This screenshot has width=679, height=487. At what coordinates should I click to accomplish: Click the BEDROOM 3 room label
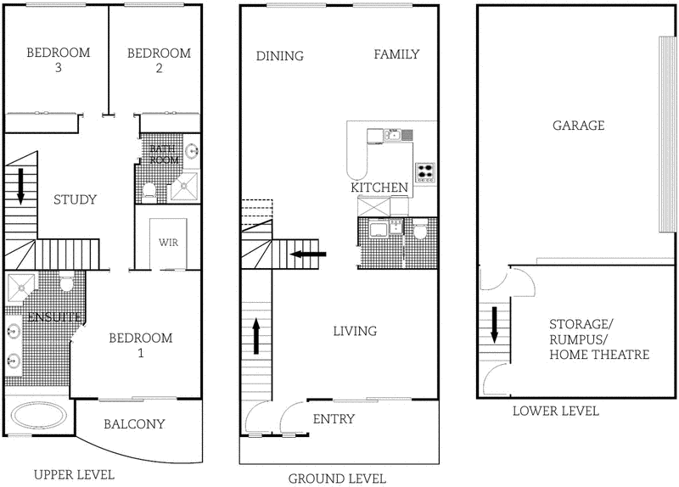tap(58, 60)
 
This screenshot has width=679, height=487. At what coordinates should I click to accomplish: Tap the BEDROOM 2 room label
tap(159, 60)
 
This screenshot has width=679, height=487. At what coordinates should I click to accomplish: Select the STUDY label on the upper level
tap(75, 200)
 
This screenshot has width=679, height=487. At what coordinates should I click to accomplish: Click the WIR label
tap(167, 242)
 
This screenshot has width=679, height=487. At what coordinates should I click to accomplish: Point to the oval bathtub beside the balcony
tap(38, 417)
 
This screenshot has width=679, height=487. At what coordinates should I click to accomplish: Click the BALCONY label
tap(134, 423)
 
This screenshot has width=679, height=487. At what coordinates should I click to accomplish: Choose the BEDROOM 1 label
tap(141, 344)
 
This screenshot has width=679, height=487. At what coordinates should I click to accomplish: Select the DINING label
tap(279, 56)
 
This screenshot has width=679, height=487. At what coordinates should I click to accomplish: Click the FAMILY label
tap(396, 54)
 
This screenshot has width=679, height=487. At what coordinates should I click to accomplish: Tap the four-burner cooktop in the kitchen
tap(424, 172)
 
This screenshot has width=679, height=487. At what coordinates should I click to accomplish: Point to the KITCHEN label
tap(379, 188)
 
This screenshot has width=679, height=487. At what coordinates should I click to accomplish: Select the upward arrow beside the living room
tap(256, 336)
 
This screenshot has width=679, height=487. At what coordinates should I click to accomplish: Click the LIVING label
tap(355, 331)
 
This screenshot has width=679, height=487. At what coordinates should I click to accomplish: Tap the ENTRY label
tap(334, 419)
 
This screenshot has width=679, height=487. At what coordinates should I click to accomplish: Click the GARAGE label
tap(578, 126)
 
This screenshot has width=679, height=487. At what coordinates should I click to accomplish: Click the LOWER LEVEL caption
tap(556, 411)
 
